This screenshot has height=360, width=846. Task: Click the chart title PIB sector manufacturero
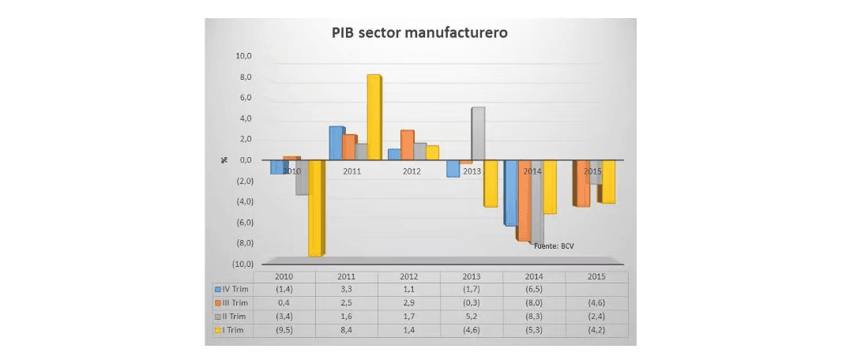pos(419,34)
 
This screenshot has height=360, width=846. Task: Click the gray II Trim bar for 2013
pos(477,133)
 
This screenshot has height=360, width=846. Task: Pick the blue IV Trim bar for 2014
pos(510,193)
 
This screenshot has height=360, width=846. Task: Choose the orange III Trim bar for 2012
pos(407,144)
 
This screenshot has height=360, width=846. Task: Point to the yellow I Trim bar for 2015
pos(607,181)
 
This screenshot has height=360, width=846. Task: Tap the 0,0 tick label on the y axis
pos(242,159)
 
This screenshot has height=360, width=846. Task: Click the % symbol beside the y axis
pos(224,159)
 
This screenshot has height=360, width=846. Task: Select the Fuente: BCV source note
pos(555,246)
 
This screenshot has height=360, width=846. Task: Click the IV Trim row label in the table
pos(236,290)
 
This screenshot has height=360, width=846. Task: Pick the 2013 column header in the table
pos(472,277)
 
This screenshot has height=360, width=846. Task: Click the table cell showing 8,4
pos(347,330)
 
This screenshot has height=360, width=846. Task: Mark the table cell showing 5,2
pos(472,317)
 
